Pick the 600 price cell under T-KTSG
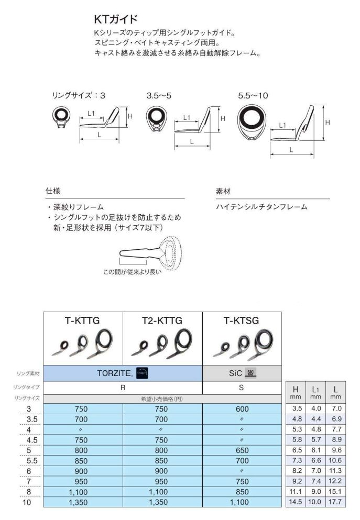click(241, 409)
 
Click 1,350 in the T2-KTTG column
click(162, 501)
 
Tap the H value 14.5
click(296, 501)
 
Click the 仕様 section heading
click(53, 192)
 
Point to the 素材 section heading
click(223, 192)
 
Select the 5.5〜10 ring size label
click(253, 96)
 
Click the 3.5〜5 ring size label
click(159, 96)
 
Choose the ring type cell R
click(122, 388)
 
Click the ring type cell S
click(241, 388)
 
